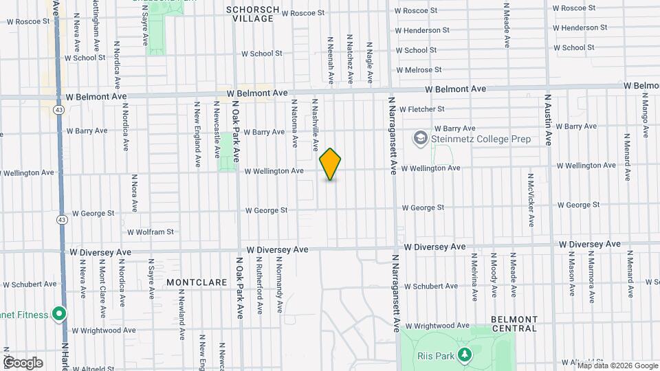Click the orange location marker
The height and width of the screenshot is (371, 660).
(x=331, y=164)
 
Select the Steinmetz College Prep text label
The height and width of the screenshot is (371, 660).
(x=481, y=139)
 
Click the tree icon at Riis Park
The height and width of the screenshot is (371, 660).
(x=465, y=355)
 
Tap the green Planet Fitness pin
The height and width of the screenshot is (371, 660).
(x=59, y=315)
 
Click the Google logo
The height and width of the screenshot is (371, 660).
(x=23, y=362)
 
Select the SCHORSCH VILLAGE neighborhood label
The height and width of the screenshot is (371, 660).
(x=253, y=14)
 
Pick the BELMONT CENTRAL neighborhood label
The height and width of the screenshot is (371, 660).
(x=514, y=324)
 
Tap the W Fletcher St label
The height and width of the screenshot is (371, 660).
(x=422, y=109)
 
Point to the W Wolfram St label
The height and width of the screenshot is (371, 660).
(x=150, y=232)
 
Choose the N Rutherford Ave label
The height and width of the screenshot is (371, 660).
(x=259, y=286)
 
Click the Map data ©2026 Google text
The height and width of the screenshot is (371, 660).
(x=617, y=365)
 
